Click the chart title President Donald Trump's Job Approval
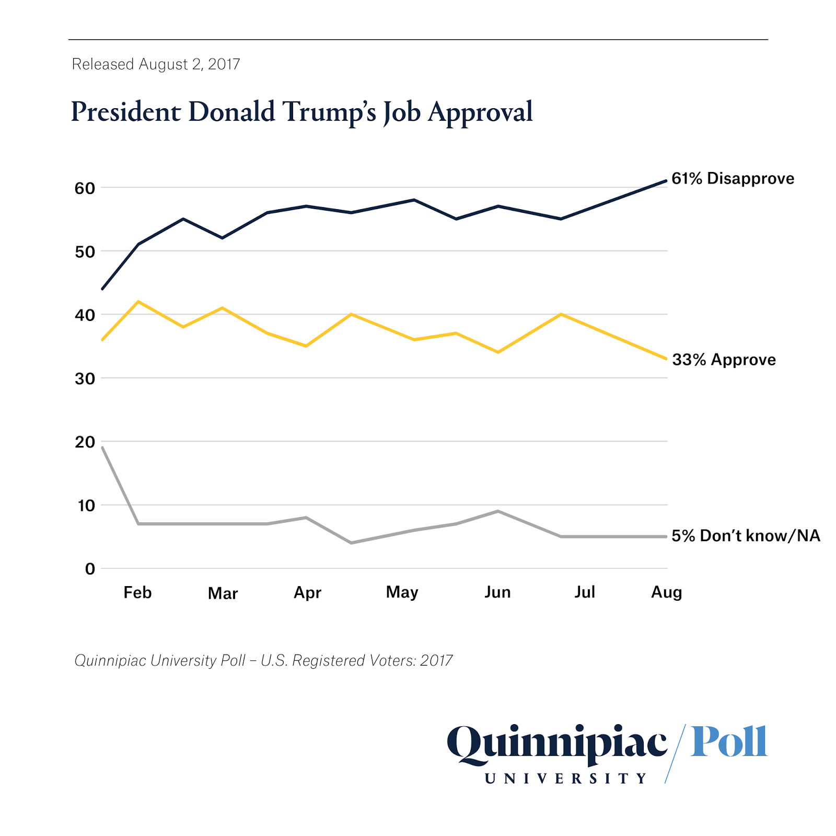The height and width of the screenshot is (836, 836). [x=301, y=112]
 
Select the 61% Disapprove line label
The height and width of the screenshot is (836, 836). [x=733, y=179]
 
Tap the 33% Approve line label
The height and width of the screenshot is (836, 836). [x=724, y=360]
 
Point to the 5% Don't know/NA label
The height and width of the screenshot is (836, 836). [x=746, y=536]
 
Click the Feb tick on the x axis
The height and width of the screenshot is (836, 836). [x=137, y=592]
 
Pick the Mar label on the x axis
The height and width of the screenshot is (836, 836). [x=223, y=593]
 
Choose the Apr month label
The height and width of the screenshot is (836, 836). [x=307, y=593]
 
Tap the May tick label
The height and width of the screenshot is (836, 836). [x=402, y=592]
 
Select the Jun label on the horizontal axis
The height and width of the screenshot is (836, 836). [x=497, y=592]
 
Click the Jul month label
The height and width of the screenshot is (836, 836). [x=585, y=592]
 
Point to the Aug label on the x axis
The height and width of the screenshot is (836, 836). [x=666, y=592]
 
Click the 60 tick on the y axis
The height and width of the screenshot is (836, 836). [x=85, y=188]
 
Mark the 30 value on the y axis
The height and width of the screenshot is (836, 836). [x=85, y=379]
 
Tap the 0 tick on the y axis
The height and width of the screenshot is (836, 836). [x=90, y=569]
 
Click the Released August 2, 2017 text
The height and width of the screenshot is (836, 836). [x=156, y=64]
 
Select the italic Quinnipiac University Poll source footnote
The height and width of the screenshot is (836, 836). [x=263, y=661]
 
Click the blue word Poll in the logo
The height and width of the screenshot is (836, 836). [x=729, y=742]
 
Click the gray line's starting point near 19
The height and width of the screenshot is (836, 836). [x=102, y=448]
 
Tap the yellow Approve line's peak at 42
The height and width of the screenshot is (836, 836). [x=138, y=302]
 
